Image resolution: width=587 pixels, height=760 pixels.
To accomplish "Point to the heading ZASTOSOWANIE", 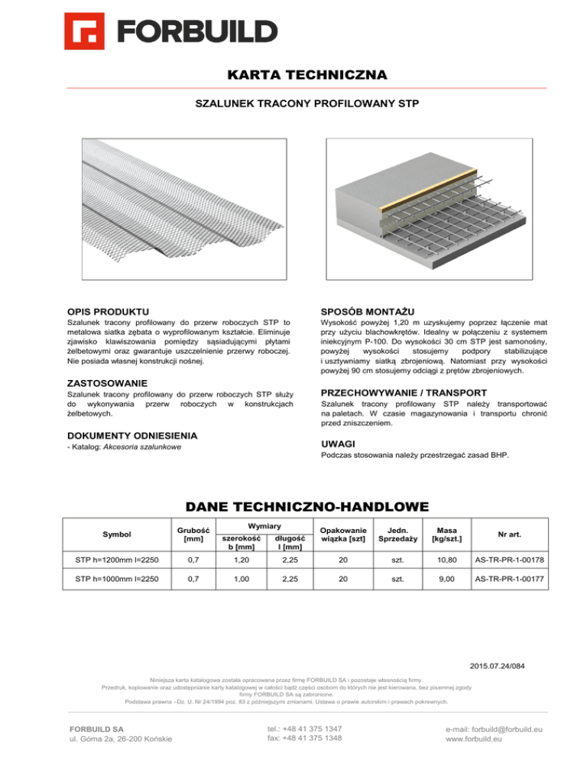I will (110, 382).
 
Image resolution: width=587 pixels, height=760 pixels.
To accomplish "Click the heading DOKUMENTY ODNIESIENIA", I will (132, 434).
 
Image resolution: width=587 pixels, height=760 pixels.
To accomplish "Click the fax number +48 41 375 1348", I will (304, 739).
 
